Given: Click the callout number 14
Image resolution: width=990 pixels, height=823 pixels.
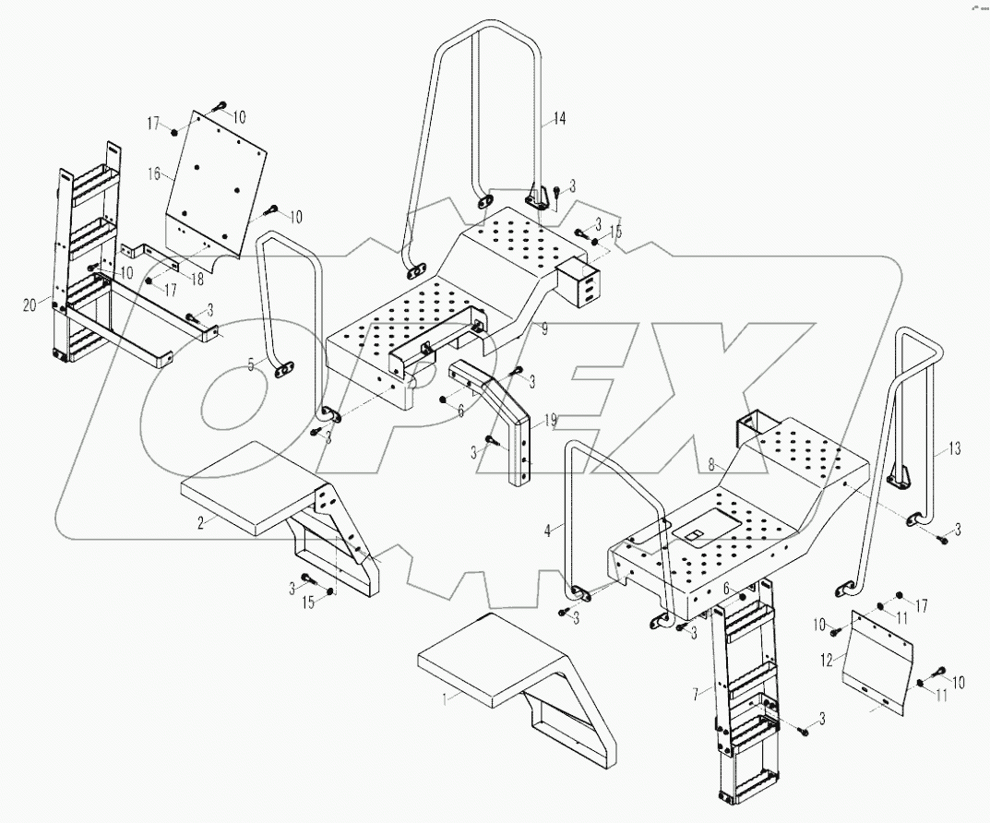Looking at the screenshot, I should click(559, 118).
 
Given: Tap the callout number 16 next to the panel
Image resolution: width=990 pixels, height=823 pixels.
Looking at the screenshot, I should click(153, 173).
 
